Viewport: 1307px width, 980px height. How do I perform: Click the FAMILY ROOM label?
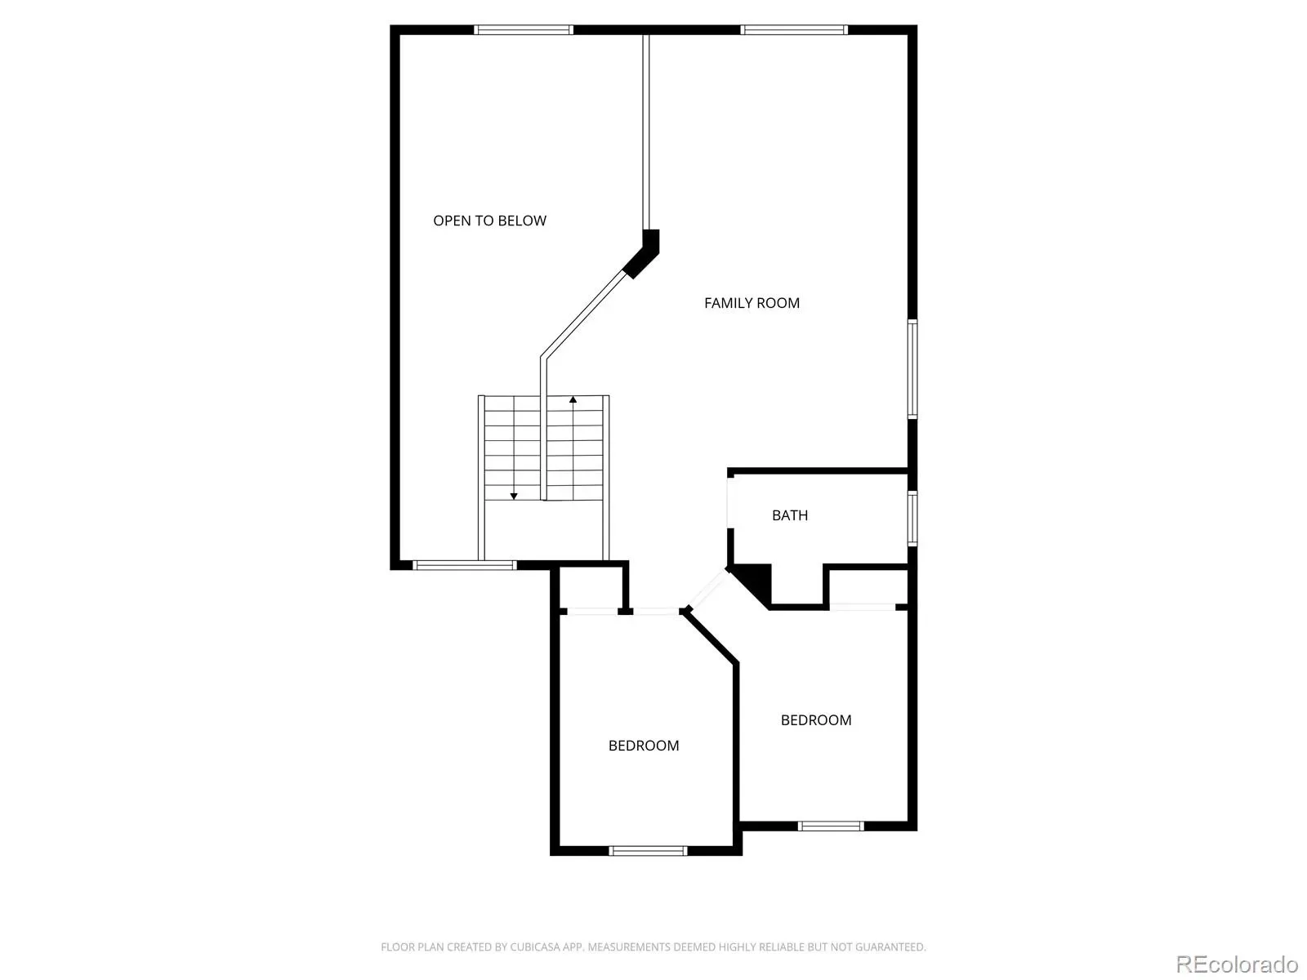coord(752,303)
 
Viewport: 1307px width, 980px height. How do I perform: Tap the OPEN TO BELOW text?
coord(489,220)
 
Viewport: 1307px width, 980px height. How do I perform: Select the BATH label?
coord(790,515)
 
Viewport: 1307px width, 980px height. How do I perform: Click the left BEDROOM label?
coord(643,746)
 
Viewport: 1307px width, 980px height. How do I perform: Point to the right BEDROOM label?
coord(816,720)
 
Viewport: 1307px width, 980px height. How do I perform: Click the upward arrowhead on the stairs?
coord(573,400)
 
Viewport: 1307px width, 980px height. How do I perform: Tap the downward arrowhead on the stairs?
coord(514,497)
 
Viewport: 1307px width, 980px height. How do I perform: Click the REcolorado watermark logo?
coord(1237,964)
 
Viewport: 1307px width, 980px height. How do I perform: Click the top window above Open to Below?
coord(524,29)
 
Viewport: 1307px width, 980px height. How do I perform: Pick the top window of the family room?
coord(794,29)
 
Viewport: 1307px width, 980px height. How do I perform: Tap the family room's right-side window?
coord(912,369)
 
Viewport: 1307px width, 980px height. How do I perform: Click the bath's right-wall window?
coord(912,519)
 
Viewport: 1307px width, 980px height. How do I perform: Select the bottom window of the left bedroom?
coord(648,851)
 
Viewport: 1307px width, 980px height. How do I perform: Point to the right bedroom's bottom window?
coord(831,826)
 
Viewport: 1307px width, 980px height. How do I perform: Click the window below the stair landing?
coord(465,565)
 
